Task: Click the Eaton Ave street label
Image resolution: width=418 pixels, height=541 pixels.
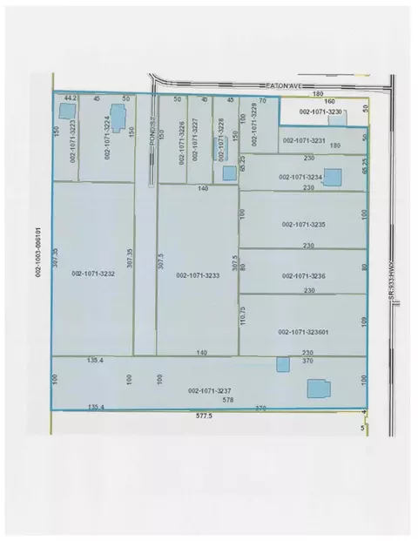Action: tap(283, 85)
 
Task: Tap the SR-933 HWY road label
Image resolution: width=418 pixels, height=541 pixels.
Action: tap(392, 283)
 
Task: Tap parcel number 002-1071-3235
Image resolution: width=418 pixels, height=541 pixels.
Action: tap(303, 225)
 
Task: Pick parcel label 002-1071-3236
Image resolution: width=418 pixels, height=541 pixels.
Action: tap(303, 275)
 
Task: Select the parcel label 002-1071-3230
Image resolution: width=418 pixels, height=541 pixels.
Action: tap(321, 112)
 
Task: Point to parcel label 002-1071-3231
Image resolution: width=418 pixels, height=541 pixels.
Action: tap(303, 140)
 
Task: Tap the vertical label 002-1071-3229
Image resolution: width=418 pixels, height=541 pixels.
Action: tap(255, 128)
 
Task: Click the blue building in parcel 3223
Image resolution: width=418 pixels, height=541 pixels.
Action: tap(64, 113)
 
